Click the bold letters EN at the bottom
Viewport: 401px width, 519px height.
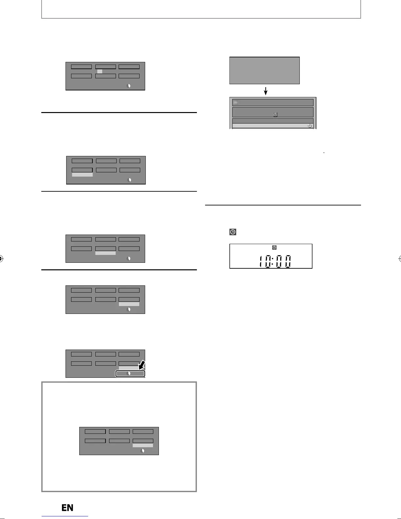coord(67,508)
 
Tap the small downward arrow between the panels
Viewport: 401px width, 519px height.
coord(266,90)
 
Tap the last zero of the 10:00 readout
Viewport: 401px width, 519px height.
coord(287,261)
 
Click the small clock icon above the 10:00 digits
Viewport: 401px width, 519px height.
coord(275,248)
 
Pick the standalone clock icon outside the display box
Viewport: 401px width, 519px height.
coord(233,232)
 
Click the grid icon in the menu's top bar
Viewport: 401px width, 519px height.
coord(236,102)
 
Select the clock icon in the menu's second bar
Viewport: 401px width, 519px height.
coord(275,115)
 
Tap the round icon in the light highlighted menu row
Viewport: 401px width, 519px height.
coord(309,126)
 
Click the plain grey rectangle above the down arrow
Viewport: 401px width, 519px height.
coord(264,70)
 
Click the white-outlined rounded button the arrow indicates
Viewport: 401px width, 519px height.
coord(130,374)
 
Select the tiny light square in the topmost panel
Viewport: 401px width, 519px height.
coord(100,71)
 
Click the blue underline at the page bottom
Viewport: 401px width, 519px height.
coord(65,516)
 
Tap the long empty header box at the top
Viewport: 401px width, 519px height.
coord(201,9)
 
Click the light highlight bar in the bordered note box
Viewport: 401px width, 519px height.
coord(143,446)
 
